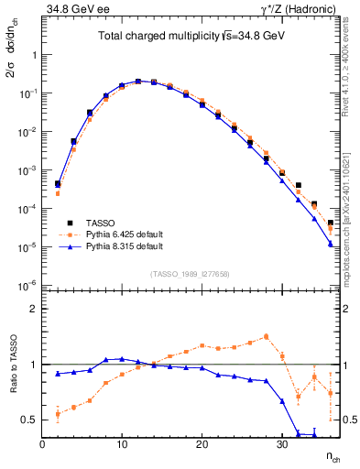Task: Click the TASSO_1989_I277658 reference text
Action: click(x=191, y=274)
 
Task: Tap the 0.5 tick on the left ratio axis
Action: click(x=29, y=420)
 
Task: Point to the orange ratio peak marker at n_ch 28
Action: click(x=266, y=336)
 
